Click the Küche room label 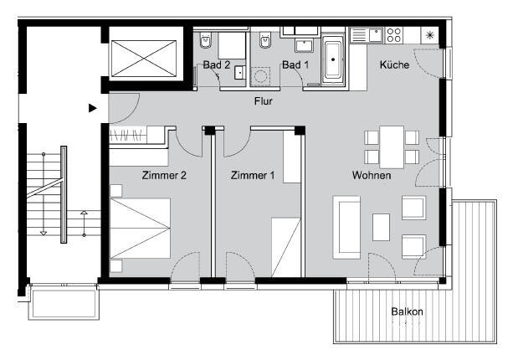pyautogui.click(x=394, y=64)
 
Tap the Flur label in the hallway pyautogui.click(x=264, y=101)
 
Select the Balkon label pyautogui.click(x=407, y=311)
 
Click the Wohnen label pyautogui.click(x=372, y=175)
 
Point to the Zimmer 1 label pyautogui.click(x=253, y=176)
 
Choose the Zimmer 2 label pyautogui.click(x=164, y=176)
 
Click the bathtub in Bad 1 pyautogui.click(x=333, y=60)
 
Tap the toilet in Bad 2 pyautogui.click(x=205, y=40)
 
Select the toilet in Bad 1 pyautogui.click(x=265, y=40)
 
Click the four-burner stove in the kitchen pyautogui.click(x=394, y=35)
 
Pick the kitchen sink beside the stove pyautogui.click(x=376, y=35)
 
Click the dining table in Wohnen pyautogui.click(x=392, y=147)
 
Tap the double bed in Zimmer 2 pyautogui.click(x=140, y=228)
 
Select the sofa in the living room pyautogui.click(x=346, y=228)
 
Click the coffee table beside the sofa pyautogui.click(x=381, y=227)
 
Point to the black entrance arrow pyautogui.click(x=93, y=108)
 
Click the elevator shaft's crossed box pyautogui.click(x=144, y=59)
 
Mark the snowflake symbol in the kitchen pyautogui.click(x=429, y=35)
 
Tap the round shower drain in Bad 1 pyautogui.click(x=260, y=77)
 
